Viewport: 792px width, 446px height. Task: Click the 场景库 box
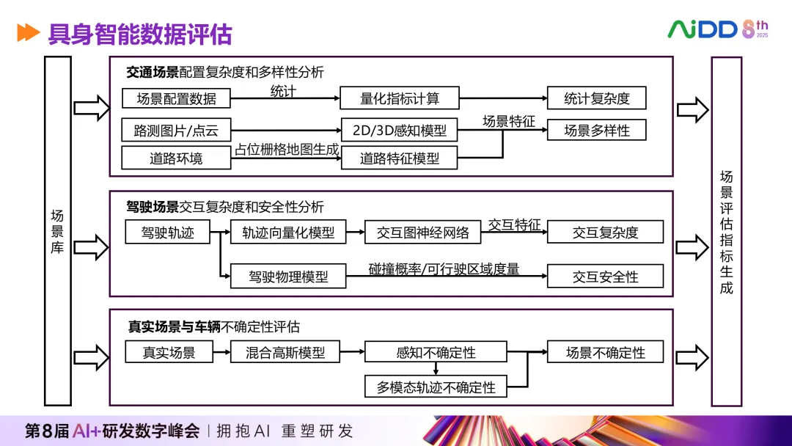coord(57,231)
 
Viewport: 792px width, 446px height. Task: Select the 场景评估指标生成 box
coord(726,231)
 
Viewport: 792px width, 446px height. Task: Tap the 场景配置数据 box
coord(176,98)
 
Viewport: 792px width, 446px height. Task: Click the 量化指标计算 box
coord(400,98)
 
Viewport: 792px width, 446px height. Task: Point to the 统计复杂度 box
coord(597,98)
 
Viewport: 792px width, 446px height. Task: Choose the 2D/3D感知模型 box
coord(399,131)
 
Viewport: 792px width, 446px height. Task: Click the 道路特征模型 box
coord(399,158)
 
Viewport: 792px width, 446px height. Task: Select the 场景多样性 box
coord(597,131)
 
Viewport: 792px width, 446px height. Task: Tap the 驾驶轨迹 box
coord(168,233)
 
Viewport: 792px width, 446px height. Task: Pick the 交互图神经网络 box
coord(423,233)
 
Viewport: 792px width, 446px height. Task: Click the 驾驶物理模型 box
coord(288,277)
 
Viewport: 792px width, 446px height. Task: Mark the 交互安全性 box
coord(605,277)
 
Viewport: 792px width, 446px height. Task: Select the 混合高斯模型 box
coord(285,352)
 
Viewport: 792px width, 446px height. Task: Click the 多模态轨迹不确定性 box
coord(436,387)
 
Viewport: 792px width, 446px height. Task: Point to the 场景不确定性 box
coord(605,352)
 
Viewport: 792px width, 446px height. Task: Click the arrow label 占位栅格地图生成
coord(287,149)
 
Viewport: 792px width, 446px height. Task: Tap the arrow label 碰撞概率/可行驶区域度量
coord(444,269)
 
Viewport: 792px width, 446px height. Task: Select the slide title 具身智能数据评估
coord(139,34)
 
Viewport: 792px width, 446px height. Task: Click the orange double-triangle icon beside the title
coord(28,33)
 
